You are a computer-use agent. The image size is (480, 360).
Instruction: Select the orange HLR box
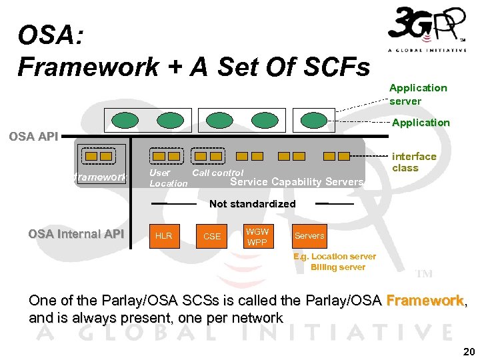click(x=163, y=236)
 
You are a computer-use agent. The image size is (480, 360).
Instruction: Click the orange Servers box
click(x=309, y=236)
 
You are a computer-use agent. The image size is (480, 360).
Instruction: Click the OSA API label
click(x=33, y=137)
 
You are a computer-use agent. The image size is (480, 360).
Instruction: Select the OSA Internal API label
click(x=76, y=234)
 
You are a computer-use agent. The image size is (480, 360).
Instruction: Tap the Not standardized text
click(x=252, y=204)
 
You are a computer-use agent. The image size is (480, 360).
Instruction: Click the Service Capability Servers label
click(x=297, y=182)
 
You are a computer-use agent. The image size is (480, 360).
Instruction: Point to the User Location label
click(x=168, y=178)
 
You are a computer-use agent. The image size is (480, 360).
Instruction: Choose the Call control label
click(x=217, y=173)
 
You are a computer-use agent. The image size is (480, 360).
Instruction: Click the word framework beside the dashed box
click(x=99, y=177)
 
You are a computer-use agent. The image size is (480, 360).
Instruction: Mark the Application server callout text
click(x=418, y=94)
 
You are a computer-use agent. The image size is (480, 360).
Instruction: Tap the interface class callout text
click(x=414, y=162)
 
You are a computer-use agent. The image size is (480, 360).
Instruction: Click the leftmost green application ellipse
click(x=125, y=120)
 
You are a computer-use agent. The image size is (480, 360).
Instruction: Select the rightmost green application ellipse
click(x=313, y=120)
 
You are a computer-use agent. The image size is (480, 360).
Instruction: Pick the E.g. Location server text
click(x=335, y=257)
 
